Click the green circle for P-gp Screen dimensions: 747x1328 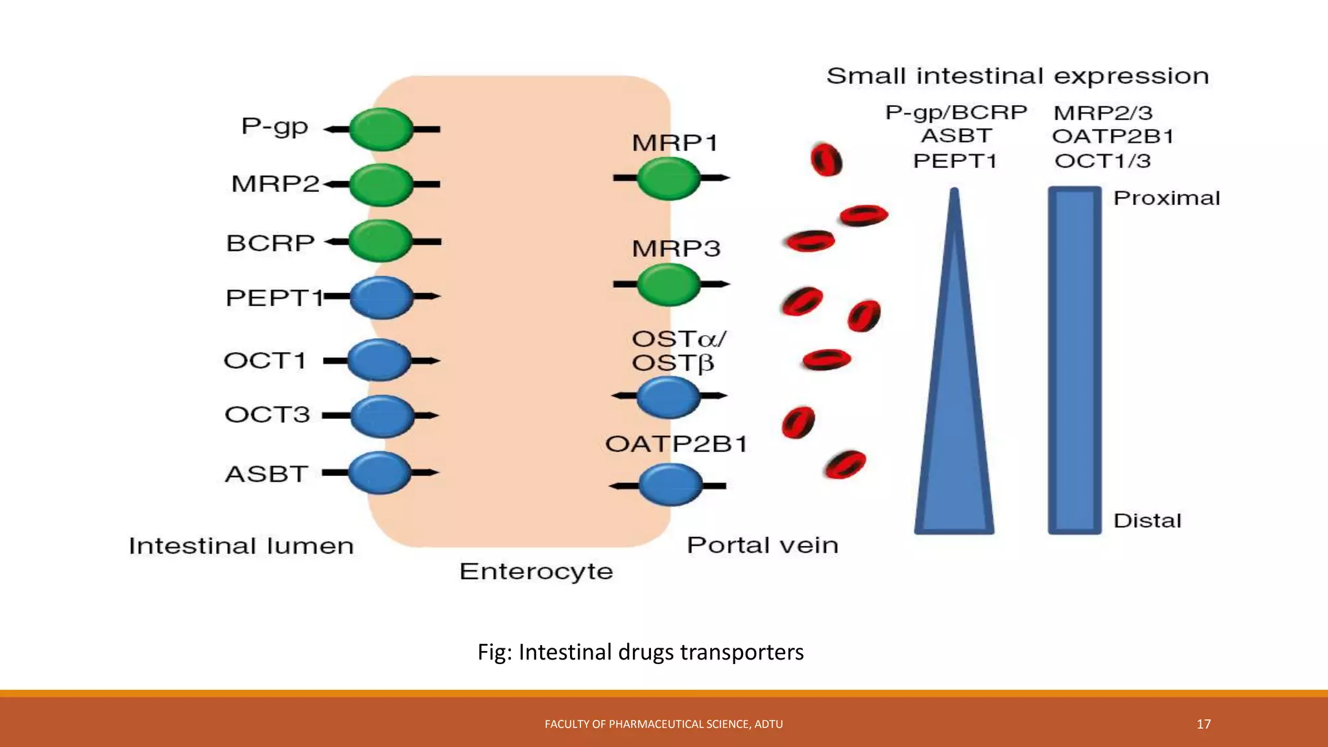[x=381, y=130]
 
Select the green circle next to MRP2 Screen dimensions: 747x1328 [x=381, y=185]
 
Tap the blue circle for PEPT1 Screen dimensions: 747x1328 [x=381, y=297]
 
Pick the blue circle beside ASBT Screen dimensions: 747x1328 [x=380, y=473]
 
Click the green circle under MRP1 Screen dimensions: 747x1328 [x=669, y=178]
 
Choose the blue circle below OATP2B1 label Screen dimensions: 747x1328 [x=670, y=484]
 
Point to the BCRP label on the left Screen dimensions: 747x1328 [x=270, y=243]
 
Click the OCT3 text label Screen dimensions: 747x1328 [x=267, y=414]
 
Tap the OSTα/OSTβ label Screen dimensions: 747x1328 [x=678, y=351]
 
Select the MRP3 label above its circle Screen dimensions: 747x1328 [x=676, y=248]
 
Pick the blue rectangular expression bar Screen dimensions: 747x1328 [x=1074, y=361]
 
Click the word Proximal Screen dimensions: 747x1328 [x=1166, y=198]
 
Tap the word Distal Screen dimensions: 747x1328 [x=1147, y=520]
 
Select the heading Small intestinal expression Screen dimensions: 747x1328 [x=1017, y=77]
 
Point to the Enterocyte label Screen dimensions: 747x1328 [x=536, y=571]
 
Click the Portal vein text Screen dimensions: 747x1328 [x=762, y=545]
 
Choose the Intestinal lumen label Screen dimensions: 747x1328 [x=241, y=546]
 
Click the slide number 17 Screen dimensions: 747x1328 [x=1203, y=724]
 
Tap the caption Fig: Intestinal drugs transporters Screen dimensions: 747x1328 [x=640, y=652]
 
